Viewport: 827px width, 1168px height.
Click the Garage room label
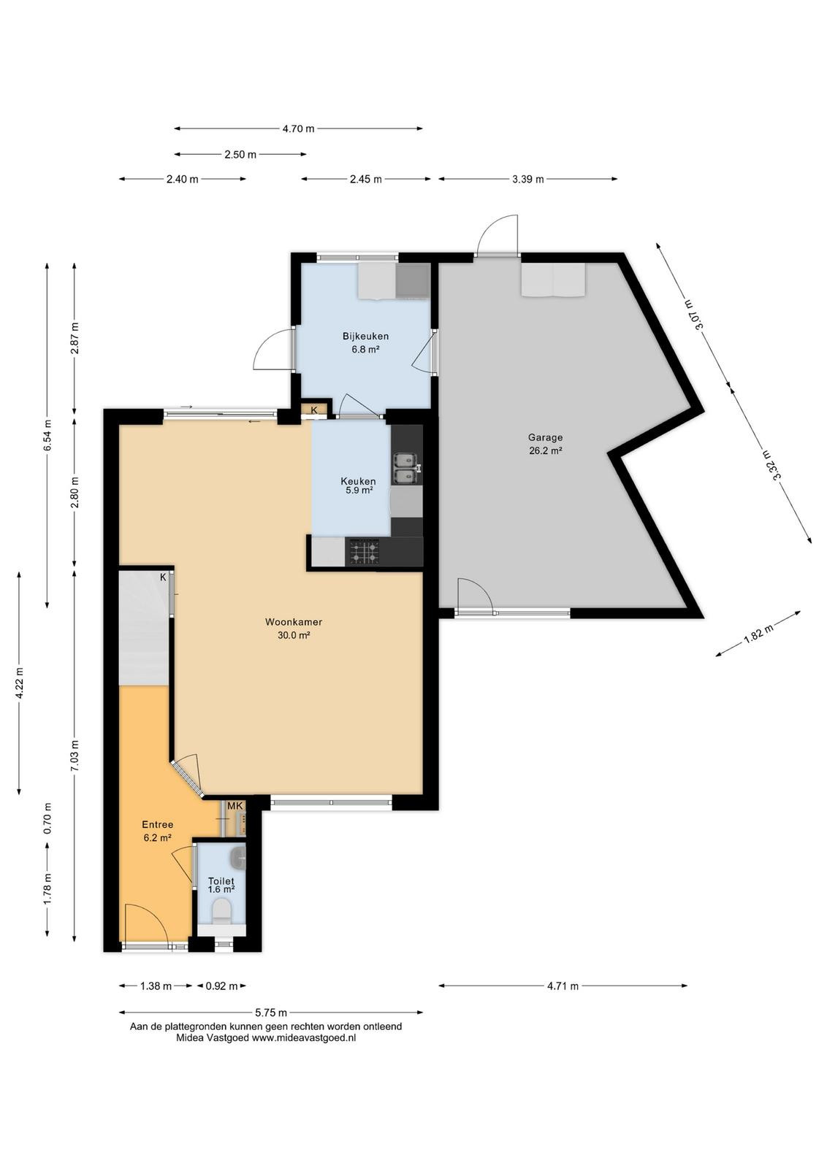pos(545,437)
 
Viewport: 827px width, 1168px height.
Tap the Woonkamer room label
pos(294,621)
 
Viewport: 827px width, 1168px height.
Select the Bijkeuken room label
pos(365,337)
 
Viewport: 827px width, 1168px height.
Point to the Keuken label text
pos(358,481)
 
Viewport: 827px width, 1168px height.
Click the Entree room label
pos(158,824)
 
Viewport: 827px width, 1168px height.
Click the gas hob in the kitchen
pos(365,552)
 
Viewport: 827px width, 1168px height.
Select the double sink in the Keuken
pos(407,467)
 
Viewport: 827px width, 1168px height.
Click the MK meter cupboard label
pos(235,806)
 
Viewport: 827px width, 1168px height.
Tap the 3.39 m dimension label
pos(527,180)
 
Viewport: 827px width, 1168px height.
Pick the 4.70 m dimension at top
pos(299,128)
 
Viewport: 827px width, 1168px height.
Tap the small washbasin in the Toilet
pos(239,858)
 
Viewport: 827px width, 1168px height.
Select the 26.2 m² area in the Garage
pos(545,451)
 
